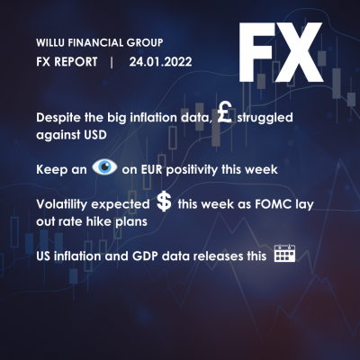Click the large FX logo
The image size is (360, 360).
281,52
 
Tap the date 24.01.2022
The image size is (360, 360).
160,62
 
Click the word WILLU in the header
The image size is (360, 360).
50,42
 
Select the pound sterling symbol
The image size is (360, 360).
225,112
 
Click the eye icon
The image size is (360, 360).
104,166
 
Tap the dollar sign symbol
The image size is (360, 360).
164,202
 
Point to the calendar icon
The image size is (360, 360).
284,253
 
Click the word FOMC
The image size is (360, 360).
273,204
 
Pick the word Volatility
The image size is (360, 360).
61,204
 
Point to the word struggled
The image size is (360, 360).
265,118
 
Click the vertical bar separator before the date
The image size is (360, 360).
112,62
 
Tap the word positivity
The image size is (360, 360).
192,170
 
